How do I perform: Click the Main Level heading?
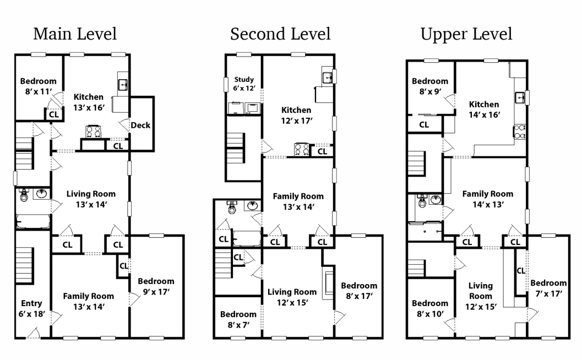[x=75, y=34]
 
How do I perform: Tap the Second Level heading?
[x=280, y=34]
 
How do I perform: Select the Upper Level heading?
[x=466, y=34]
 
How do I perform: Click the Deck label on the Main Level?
[x=140, y=126]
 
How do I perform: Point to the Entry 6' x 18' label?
[x=31, y=309]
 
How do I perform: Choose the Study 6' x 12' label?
[x=244, y=84]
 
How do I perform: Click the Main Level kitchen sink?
[x=123, y=84]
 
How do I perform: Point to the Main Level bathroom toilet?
[x=24, y=195]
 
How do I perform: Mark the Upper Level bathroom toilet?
[x=422, y=201]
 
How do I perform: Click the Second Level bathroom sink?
[x=253, y=206]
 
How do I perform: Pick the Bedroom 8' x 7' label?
[x=238, y=319]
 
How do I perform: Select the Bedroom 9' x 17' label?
[x=156, y=286]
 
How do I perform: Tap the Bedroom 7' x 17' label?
[x=548, y=288]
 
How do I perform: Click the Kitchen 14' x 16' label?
[x=484, y=110]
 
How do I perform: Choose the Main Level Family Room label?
[x=88, y=301]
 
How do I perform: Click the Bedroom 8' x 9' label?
[x=430, y=86]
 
